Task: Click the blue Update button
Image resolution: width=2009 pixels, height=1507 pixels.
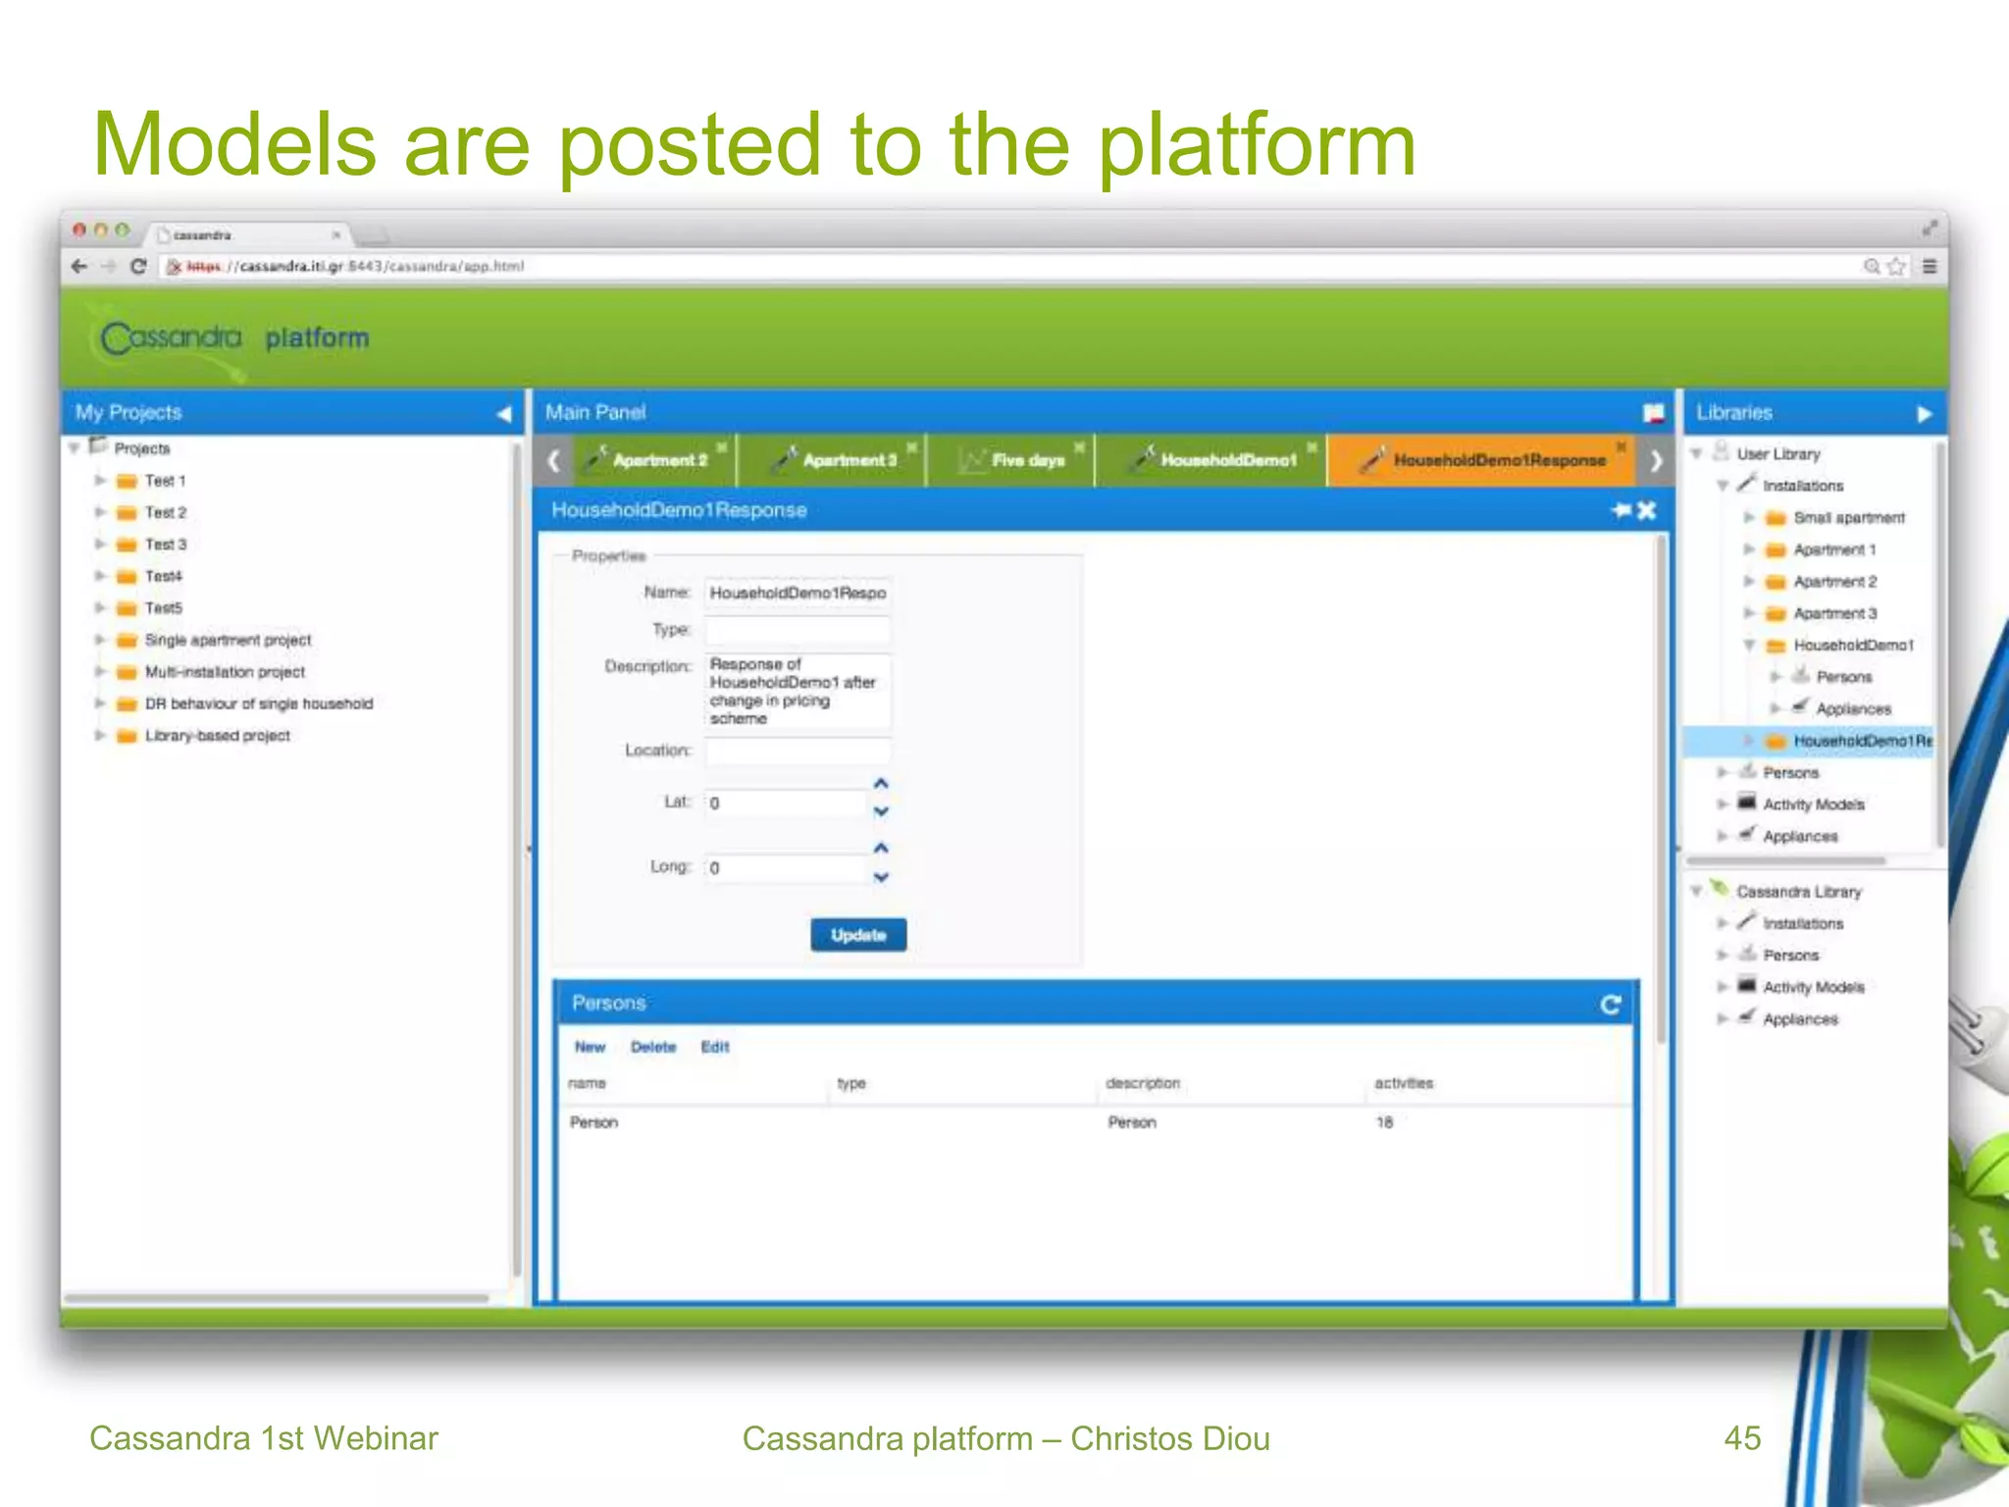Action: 857,935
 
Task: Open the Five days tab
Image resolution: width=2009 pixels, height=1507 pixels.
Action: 1026,460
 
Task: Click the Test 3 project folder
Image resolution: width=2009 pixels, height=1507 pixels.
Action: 165,545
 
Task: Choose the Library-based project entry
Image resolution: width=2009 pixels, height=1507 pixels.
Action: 217,736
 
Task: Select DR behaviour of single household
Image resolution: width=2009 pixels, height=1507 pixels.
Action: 258,703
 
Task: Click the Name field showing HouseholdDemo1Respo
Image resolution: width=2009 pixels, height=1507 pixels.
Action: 797,593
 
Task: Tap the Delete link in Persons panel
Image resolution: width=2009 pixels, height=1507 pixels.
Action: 653,1047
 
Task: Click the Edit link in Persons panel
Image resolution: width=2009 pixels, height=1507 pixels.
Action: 715,1047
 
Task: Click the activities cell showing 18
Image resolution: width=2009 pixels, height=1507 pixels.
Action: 1384,1122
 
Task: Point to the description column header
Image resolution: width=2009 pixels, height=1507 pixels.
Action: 1142,1083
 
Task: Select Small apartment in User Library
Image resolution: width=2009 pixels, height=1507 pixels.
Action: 1848,518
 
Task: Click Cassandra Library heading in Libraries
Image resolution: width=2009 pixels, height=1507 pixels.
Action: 1798,892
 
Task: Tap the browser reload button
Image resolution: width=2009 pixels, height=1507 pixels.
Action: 138,266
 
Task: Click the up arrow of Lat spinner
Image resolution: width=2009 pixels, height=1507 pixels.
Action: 881,784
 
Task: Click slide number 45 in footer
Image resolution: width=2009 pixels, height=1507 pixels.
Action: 1742,1438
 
